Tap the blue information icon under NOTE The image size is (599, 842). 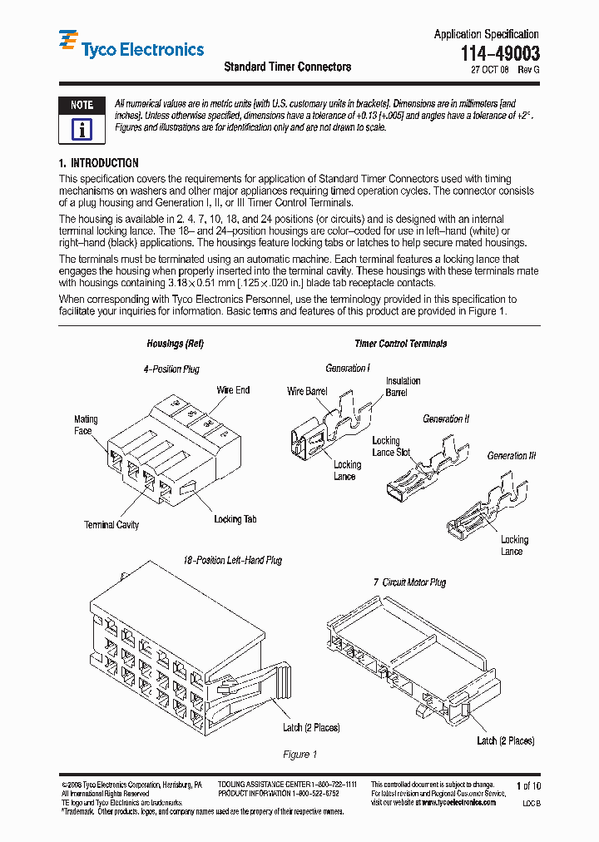[x=82, y=129]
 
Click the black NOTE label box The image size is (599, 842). [x=82, y=106]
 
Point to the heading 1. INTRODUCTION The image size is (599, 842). [x=99, y=163]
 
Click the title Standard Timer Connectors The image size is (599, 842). [x=287, y=67]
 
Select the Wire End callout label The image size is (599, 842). [x=233, y=390]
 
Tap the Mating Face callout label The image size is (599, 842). [x=86, y=424]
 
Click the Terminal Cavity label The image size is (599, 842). [x=111, y=525]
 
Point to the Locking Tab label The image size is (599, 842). [x=235, y=519]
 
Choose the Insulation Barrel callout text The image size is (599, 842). [x=403, y=386]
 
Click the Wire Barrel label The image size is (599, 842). [x=307, y=391]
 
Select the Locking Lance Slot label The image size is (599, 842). [x=391, y=446]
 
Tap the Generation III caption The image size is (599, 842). [x=512, y=456]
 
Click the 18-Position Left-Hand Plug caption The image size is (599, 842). [x=232, y=561]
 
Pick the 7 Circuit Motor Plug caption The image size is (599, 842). [x=408, y=582]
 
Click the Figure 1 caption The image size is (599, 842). [x=300, y=755]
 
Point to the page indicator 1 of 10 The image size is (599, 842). [x=528, y=785]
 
